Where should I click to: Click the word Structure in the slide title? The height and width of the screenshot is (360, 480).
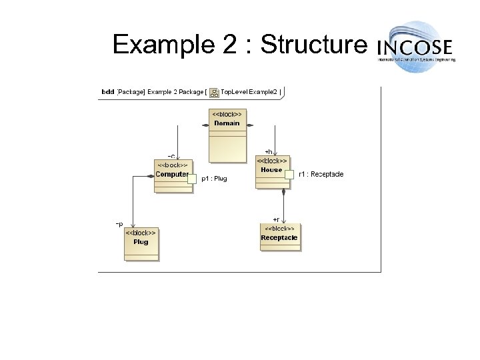(x=314, y=45)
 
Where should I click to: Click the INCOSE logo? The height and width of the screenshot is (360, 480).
(x=417, y=46)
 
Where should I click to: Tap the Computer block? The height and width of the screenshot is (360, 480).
(x=173, y=175)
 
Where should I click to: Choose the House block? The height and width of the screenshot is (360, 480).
(x=272, y=171)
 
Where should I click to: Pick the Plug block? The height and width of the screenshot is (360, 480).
(x=141, y=243)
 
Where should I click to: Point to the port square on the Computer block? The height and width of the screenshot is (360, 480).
(x=192, y=179)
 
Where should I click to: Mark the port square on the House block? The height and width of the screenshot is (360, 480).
(x=289, y=175)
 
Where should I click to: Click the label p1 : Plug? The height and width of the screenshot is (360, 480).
(x=214, y=179)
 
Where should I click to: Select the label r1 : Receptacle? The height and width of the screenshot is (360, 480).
(x=321, y=174)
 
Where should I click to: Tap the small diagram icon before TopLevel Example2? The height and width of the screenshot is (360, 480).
(x=214, y=91)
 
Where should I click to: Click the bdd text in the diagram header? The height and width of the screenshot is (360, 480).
(x=107, y=91)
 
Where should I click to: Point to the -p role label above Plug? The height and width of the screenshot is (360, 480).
(x=119, y=223)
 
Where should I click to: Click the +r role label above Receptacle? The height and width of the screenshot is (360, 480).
(x=276, y=219)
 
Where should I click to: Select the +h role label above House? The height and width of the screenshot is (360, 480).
(x=268, y=151)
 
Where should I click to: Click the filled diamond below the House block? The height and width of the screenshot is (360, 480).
(x=284, y=192)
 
